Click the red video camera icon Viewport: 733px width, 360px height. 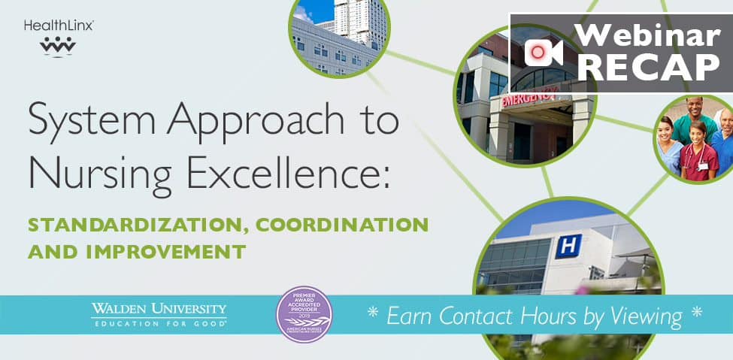[544, 52]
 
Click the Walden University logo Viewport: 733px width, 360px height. [159, 314]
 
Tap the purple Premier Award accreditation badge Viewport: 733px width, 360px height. [304, 314]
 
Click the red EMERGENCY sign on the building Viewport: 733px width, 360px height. [530, 97]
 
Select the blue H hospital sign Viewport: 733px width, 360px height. [568, 246]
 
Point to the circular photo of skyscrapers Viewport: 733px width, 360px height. [340, 34]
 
